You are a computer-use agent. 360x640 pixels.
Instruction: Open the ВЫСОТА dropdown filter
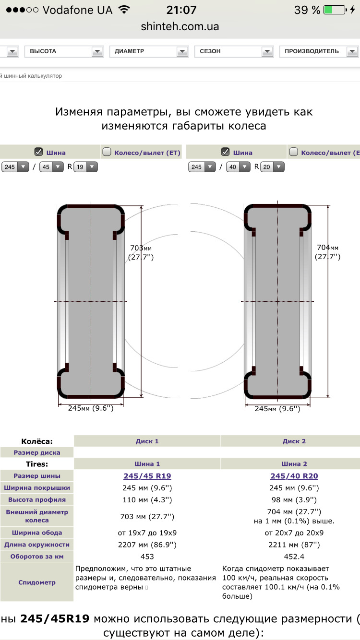64,51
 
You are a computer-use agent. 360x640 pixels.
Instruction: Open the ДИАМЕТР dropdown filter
149,51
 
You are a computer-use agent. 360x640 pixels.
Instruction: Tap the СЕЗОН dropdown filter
234,51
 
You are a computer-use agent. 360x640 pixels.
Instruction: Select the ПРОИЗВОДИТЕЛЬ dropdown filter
319,51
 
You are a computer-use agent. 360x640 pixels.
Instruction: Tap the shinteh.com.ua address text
180,26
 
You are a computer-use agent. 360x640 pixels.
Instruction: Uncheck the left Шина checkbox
38,152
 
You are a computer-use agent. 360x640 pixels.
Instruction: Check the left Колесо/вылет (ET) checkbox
107,152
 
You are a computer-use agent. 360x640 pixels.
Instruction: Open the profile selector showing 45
51,167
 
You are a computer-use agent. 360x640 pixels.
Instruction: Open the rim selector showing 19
85,167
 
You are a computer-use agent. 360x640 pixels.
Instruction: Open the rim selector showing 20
272,167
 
